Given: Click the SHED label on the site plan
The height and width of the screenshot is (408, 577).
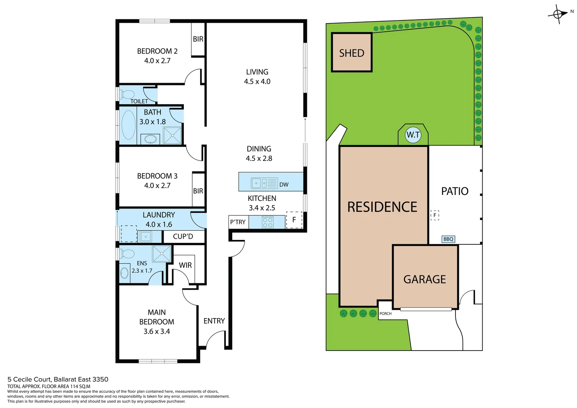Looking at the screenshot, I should (352, 53).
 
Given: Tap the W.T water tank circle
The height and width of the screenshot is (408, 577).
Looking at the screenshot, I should (413, 135).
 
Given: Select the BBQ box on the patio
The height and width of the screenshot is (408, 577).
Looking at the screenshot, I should (448, 239).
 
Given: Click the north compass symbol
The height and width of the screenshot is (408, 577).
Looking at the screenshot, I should (558, 14).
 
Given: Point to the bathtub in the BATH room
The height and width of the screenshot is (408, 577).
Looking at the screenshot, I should (128, 125).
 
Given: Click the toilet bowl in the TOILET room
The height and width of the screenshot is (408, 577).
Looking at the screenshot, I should (128, 94).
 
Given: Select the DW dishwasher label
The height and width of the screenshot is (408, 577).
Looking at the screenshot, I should (284, 184).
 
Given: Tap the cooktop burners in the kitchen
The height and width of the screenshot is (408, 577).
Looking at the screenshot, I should (268, 222).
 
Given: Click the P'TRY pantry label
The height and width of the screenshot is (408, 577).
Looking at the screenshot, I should (238, 222).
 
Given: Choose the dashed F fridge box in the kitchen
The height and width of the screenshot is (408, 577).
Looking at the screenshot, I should (294, 220).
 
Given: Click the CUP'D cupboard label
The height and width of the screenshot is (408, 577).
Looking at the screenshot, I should (183, 236).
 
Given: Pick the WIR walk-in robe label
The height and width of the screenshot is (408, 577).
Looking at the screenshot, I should (185, 265).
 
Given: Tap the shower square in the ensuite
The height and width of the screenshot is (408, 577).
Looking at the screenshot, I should (162, 253).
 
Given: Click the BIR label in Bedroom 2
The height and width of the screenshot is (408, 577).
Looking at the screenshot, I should (198, 39).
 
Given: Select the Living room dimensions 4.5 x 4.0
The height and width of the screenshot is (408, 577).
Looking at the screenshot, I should (257, 81).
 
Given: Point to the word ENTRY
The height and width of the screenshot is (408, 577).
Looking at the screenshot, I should (214, 321).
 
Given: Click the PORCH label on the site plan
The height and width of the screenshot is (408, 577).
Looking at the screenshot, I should (386, 314).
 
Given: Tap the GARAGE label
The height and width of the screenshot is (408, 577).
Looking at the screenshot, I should (424, 279).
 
